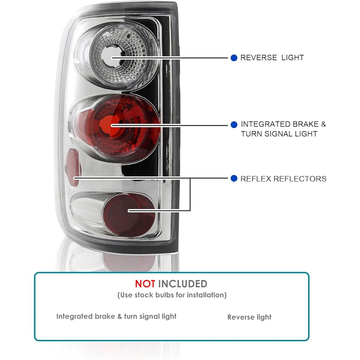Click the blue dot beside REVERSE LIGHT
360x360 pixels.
click(234, 58)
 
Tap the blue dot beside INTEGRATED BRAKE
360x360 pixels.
click(234, 125)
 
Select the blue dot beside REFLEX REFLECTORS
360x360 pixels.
click(234, 179)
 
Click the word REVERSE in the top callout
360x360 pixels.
click(258, 58)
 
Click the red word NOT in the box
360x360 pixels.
click(145, 284)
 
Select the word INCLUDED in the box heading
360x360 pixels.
click(183, 284)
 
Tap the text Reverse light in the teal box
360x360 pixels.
click(249, 317)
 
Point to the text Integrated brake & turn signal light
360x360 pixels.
click(116, 316)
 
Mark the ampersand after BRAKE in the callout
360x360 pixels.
click(323, 125)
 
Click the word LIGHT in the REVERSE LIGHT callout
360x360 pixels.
click(293, 58)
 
